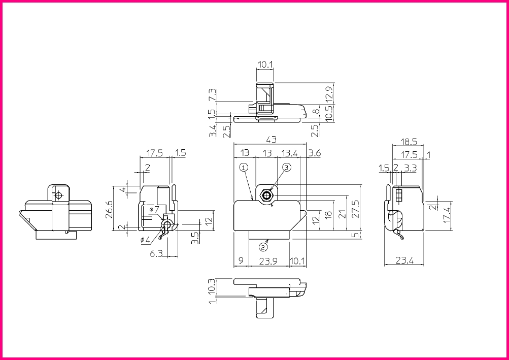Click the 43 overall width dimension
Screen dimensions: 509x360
click(x=271, y=140)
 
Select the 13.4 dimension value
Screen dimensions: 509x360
click(x=290, y=153)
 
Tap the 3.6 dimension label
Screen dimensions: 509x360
click(x=314, y=153)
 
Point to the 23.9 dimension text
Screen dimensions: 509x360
click(x=268, y=261)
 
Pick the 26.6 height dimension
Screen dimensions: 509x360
click(x=110, y=209)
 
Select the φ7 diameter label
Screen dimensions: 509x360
click(x=154, y=209)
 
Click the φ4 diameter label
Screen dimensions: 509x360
click(x=145, y=240)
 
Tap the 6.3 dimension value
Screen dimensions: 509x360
click(x=156, y=253)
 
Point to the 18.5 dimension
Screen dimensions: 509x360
click(x=409, y=142)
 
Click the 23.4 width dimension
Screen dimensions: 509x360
click(x=404, y=260)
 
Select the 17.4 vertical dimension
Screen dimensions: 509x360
click(x=447, y=216)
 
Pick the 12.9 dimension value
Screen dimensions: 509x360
click(x=330, y=95)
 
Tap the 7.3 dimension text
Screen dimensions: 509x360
click(x=213, y=94)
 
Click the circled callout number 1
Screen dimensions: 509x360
click(x=244, y=168)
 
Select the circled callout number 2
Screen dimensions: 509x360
click(x=263, y=247)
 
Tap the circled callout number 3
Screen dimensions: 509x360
click(x=286, y=168)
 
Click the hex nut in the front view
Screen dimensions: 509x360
click(x=267, y=195)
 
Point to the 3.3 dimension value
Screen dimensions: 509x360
click(x=411, y=168)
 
